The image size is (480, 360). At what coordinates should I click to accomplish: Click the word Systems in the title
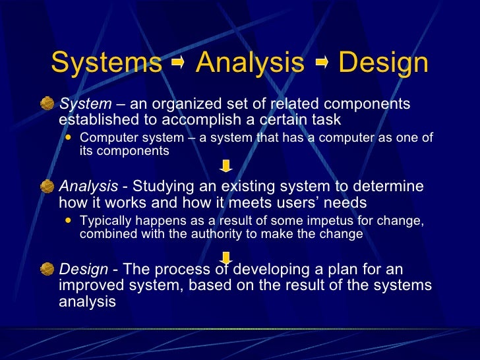tap(105, 63)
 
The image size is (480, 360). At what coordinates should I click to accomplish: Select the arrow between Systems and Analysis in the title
tap(178, 64)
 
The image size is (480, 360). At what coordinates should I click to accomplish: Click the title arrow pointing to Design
tap(321, 64)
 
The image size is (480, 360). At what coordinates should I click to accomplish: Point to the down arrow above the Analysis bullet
tap(225, 165)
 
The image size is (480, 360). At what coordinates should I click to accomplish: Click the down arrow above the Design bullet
tap(225, 256)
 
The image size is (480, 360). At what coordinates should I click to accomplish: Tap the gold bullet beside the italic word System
tap(47, 104)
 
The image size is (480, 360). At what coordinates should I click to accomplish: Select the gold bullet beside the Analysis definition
tap(47, 187)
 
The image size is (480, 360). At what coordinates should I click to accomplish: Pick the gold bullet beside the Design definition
tap(47, 269)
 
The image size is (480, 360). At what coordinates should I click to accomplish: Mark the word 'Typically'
tap(104, 221)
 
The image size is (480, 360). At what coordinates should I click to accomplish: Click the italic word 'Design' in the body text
tap(83, 269)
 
